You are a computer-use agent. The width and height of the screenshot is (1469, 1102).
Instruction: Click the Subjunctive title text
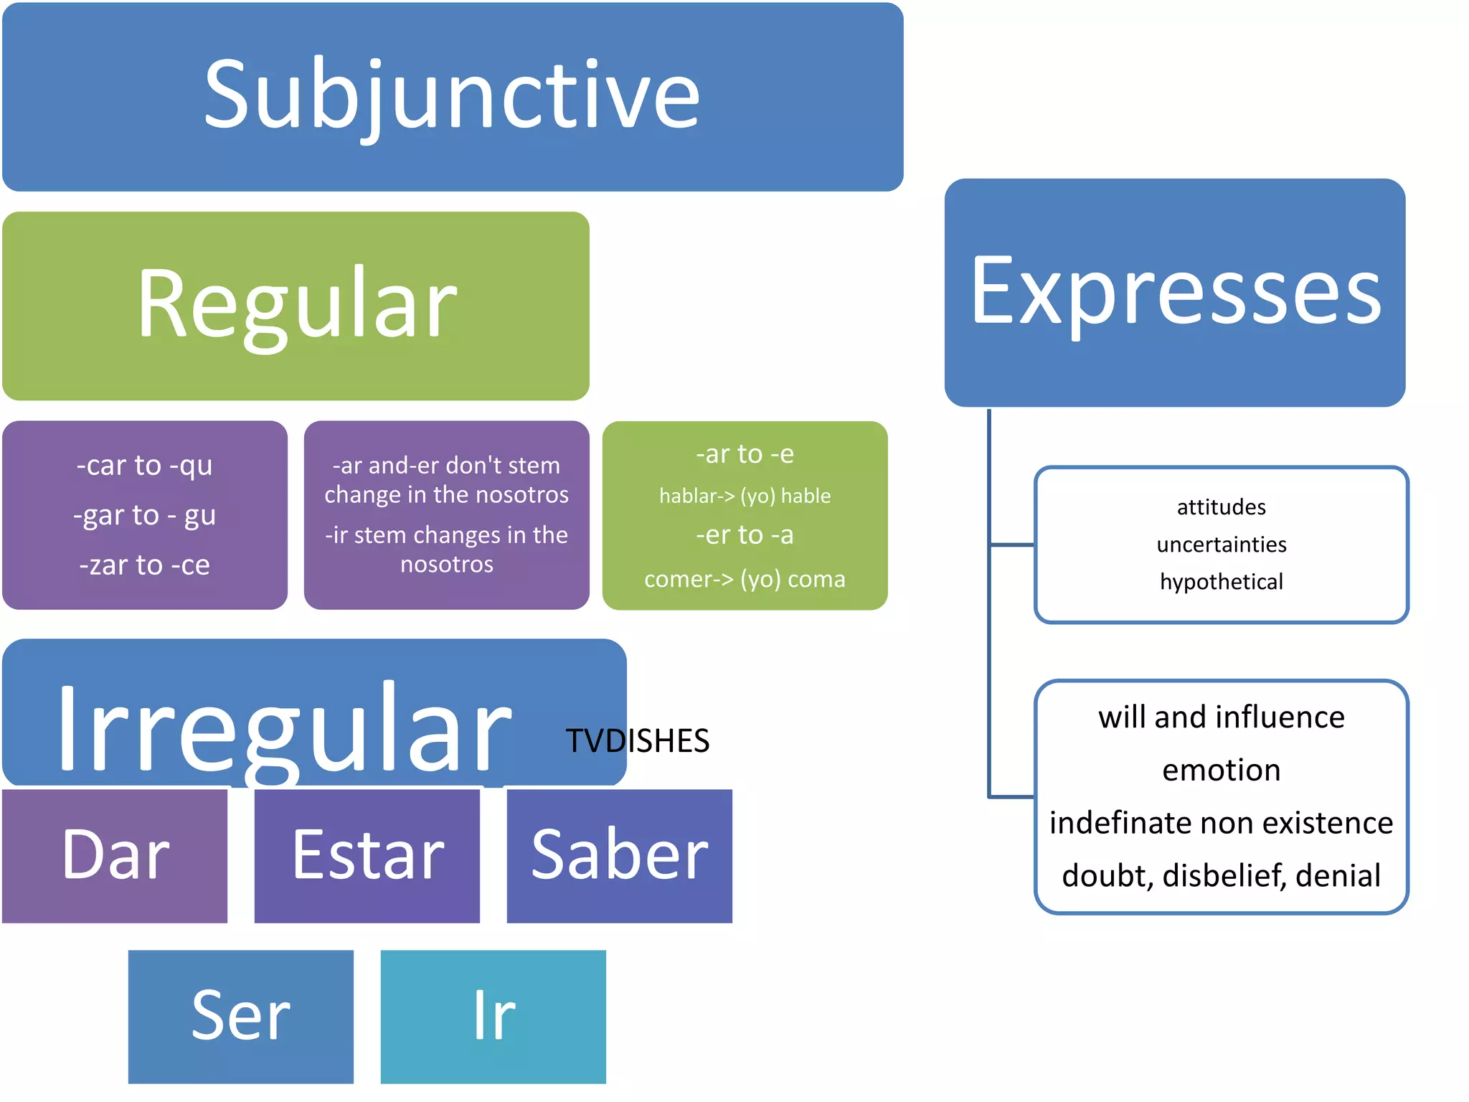452,97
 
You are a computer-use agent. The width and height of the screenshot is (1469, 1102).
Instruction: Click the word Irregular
283,728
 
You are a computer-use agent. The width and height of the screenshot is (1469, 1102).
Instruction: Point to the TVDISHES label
638,741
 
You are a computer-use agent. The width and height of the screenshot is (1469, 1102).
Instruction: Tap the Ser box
241,1016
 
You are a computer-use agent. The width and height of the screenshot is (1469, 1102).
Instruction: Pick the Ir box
493,1016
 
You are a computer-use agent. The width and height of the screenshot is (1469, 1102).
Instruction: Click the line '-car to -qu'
145,466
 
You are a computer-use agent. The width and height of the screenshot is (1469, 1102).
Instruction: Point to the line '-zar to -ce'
145,565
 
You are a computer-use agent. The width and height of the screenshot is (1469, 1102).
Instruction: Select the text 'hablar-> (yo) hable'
745,496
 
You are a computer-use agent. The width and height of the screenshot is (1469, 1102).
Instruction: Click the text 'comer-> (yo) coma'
745,579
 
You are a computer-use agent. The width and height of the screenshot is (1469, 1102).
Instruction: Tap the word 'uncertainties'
1222,545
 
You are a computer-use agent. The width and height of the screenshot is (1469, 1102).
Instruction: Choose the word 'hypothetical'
1222,582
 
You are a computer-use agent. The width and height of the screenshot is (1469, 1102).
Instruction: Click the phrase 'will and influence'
1222,717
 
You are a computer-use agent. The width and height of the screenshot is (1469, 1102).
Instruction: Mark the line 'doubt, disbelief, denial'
1222,876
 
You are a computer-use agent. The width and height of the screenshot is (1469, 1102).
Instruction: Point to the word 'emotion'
1222,771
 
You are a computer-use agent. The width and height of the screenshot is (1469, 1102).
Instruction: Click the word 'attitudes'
1222,507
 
